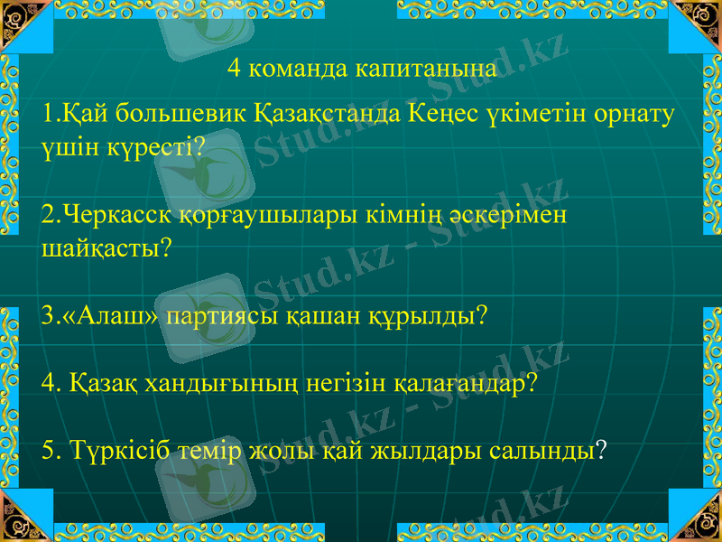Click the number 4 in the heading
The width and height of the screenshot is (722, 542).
pyautogui.click(x=233, y=69)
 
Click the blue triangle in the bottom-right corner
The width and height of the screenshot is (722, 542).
pyautogui.click(x=699, y=519)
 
